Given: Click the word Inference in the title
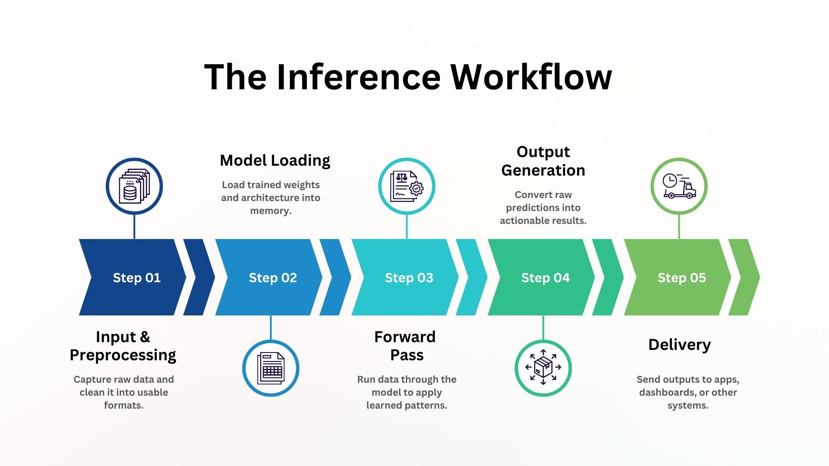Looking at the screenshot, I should click(x=358, y=77).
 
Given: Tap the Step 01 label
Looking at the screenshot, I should click(x=136, y=277).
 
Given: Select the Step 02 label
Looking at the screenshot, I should click(x=273, y=277).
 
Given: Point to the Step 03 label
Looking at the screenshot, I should click(x=409, y=277).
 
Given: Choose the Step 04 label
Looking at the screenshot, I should click(x=545, y=277).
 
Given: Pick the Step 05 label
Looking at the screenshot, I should click(x=682, y=277).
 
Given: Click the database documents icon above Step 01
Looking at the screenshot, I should click(x=134, y=186).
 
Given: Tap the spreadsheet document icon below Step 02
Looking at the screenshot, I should click(x=271, y=368).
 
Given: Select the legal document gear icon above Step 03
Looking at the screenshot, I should click(x=407, y=186).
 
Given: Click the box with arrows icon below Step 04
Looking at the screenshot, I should click(x=543, y=368).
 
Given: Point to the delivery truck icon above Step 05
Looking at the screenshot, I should click(x=679, y=186).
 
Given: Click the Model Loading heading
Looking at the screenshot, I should click(x=275, y=161).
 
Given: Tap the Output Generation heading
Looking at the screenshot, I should click(x=543, y=161).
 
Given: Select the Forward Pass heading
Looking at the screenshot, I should click(x=405, y=346).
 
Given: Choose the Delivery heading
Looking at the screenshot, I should click(x=680, y=344).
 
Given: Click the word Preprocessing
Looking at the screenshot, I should click(x=123, y=355).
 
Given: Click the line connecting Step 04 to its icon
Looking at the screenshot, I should click(x=543, y=327).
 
